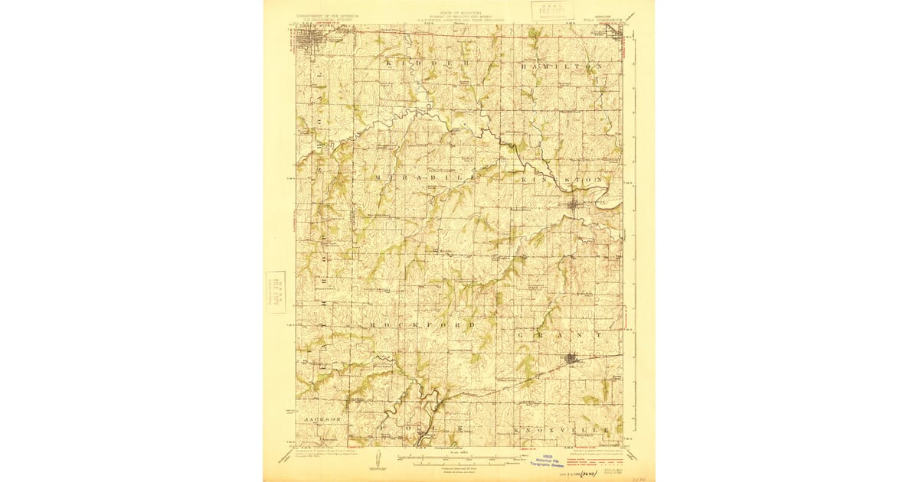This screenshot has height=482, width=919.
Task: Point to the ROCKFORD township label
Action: (x=418, y=324)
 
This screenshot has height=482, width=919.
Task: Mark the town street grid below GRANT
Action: (x=571, y=358)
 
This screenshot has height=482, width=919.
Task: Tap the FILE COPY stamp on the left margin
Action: (x=275, y=291)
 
